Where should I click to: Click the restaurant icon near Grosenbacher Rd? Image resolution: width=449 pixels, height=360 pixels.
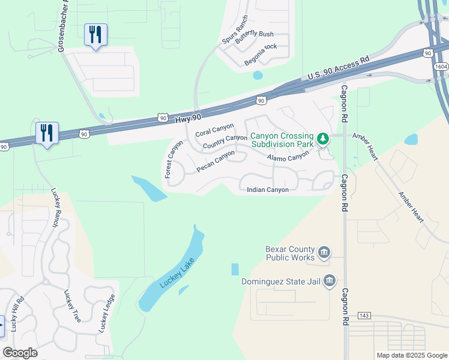coord(95,35)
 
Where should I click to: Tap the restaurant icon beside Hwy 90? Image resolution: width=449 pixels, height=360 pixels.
coord(47,133)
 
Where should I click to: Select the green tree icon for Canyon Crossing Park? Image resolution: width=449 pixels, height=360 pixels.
coord(324,139)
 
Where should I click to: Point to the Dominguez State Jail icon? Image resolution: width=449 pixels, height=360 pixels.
coord(329,280)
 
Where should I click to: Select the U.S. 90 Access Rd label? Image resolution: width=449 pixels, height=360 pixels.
coord(338,68)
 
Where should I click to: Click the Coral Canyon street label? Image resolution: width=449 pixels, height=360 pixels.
coord(214,128)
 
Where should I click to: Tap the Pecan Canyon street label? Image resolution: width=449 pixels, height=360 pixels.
coord(215,161)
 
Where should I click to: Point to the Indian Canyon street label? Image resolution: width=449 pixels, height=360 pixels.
coord(268,190)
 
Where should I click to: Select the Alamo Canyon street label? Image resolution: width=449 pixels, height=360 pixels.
coord(288,156)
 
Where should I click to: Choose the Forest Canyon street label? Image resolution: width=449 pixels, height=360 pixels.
coord(173,159)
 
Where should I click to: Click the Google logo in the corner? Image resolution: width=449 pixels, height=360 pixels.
coord(20,353)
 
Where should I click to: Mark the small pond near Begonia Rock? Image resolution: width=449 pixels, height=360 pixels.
coord(258,76)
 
